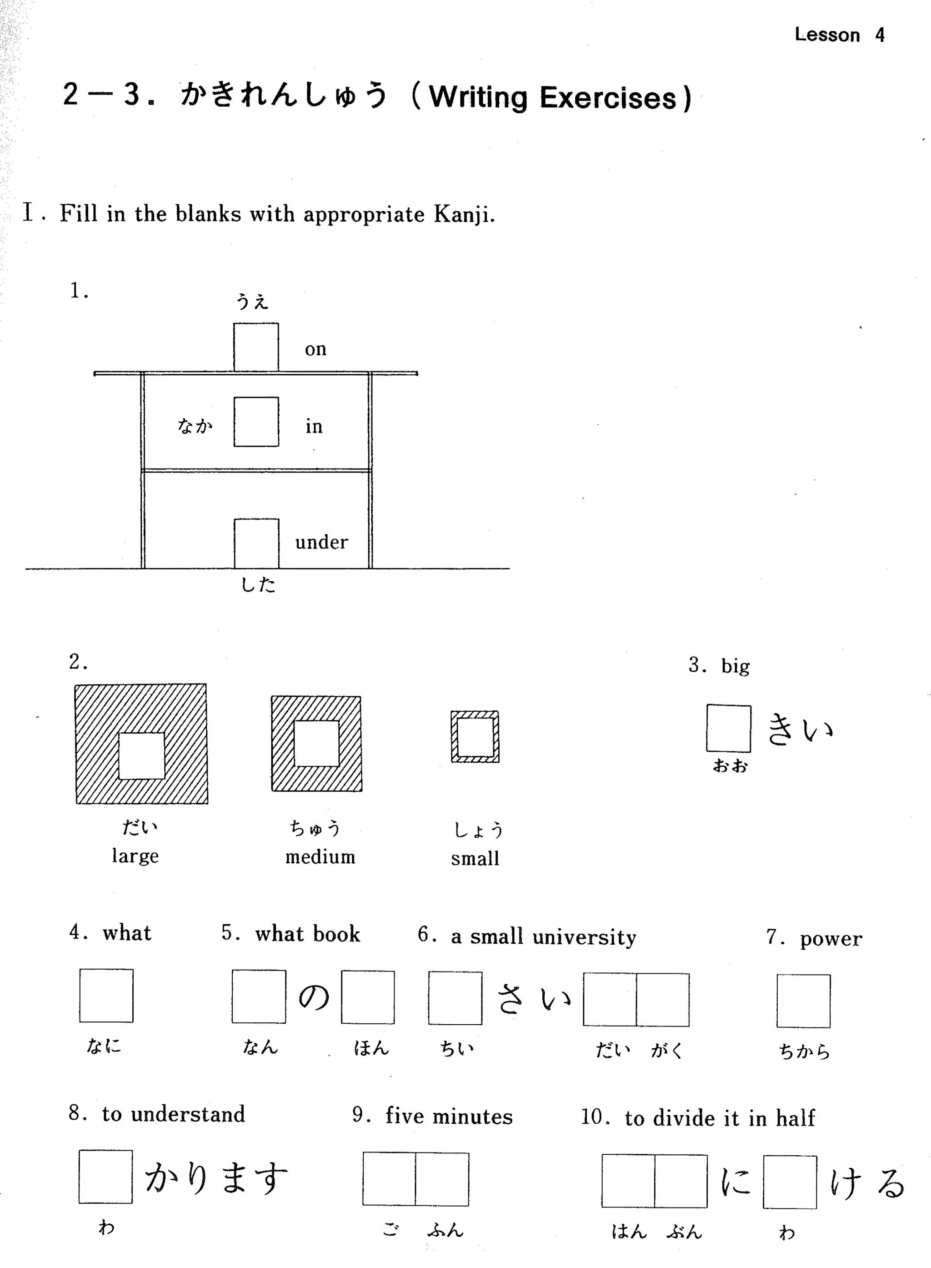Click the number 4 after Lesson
tap(880, 35)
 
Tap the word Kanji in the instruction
tap(463, 214)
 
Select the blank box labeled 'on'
tap(256, 347)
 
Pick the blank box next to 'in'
tap(256, 422)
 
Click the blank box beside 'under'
tap(256, 543)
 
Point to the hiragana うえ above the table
tap(252, 302)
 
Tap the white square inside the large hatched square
tap(141, 755)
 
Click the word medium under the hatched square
tap(320, 857)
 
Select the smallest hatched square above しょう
tap(475, 736)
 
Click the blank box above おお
tap(728, 728)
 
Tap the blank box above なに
tap(106, 996)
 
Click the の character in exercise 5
tap(313, 997)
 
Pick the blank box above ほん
tap(367, 997)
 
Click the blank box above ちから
tap(803, 1001)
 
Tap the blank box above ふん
tap(442, 1179)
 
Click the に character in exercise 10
tap(736, 1181)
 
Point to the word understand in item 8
tap(188, 1115)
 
